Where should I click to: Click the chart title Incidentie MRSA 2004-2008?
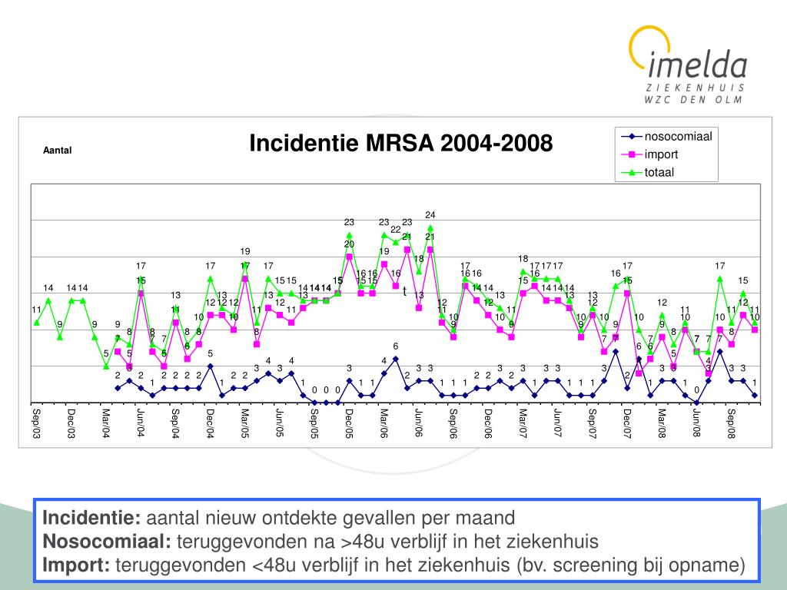point(400,143)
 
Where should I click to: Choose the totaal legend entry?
point(659,172)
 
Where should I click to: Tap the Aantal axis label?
point(57,151)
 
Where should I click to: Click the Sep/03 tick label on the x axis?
point(35,423)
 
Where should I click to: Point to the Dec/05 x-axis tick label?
point(348,423)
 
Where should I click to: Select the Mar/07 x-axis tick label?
point(523,423)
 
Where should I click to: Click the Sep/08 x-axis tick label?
point(732,423)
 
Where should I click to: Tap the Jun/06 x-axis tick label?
point(418,423)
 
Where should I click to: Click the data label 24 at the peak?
point(430,214)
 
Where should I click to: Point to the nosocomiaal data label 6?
point(396,346)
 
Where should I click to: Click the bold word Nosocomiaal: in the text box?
point(107,542)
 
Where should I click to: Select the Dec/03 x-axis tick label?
point(70,423)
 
